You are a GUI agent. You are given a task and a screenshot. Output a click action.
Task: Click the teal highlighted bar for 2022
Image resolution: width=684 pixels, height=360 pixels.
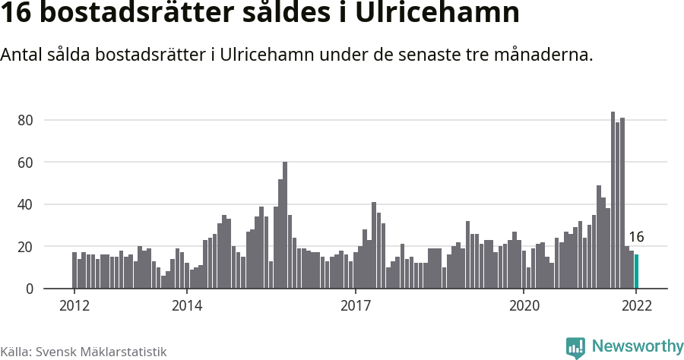click(x=636, y=272)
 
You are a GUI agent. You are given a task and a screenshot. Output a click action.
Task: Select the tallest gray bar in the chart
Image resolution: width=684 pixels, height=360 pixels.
click(x=613, y=201)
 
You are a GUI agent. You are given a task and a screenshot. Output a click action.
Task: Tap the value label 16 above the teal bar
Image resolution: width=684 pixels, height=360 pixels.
click(x=636, y=237)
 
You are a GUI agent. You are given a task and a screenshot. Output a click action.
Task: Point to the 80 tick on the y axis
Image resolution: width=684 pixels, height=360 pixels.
click(x=25, y=120)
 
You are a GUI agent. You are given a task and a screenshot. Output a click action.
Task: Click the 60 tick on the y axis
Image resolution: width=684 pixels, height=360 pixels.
click(x=25, y=163)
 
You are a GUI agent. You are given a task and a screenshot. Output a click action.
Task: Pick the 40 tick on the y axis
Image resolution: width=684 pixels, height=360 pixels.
click(x=25, y=204)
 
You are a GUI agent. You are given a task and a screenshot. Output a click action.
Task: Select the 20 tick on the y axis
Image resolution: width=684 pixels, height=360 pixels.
click(x=25, y=247)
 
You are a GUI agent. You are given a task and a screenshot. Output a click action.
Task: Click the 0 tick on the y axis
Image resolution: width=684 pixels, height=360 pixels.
click(x=29, y=289)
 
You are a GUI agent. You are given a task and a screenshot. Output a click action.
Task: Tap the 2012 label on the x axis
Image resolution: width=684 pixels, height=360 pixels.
click(x=74, y=306)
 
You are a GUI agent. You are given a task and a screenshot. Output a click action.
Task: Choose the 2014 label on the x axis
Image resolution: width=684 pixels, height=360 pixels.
click(x=186, y=306)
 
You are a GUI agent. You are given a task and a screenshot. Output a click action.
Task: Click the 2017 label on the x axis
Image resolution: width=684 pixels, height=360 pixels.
click(x=355, y=306)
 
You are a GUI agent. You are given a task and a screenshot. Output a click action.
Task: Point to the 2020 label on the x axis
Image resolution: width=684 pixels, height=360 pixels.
click(x=524, y=306)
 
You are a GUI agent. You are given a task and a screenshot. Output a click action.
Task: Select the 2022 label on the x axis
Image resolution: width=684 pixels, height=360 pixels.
click(x=636, y=306)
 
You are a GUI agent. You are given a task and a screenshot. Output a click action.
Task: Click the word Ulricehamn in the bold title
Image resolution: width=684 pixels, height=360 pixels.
click(x=444, y=14)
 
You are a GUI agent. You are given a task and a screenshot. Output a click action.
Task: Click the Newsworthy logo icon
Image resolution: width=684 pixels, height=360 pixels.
click(x=575, y=347)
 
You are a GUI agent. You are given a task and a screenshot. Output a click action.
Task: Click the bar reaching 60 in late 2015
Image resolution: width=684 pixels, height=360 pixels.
click(x=285, y=226)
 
